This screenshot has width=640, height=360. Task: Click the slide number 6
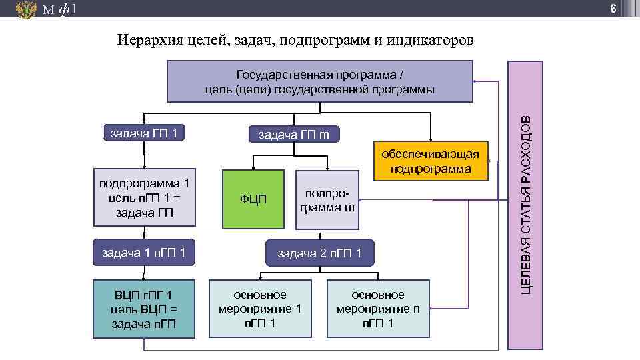[x=629, y=8]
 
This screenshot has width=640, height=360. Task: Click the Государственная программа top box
[x=319, y=81]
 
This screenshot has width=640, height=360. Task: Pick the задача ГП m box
[x=294, y=136]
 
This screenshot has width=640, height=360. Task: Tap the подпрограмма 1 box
[x=144, y=197]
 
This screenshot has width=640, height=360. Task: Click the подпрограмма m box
[x=326, y=199]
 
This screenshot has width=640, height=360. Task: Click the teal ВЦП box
[x=144, y=309]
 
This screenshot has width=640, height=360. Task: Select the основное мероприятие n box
[x=378, y=309]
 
